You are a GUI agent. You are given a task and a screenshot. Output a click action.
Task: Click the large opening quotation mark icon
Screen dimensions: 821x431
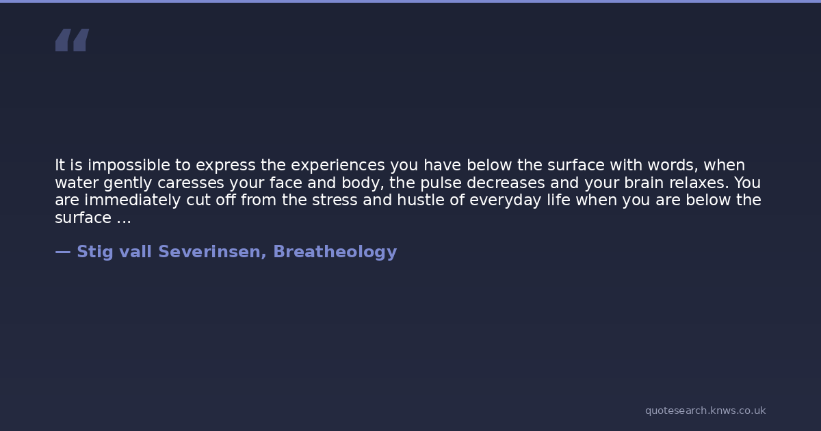73,40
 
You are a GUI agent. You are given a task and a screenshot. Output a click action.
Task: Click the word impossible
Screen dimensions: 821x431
129,166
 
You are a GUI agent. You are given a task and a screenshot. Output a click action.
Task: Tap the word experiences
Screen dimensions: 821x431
338,166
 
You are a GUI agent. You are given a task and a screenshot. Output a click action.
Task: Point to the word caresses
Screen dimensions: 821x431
191,183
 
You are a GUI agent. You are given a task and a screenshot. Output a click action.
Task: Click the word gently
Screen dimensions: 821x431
127,183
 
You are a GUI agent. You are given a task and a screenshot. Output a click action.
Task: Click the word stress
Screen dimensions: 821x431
335,200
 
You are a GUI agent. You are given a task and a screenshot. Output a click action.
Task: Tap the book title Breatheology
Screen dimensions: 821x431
335,252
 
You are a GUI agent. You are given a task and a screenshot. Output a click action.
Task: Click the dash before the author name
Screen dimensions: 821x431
63,252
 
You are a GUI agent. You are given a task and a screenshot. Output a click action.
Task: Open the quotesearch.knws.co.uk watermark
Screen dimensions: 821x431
705,410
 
